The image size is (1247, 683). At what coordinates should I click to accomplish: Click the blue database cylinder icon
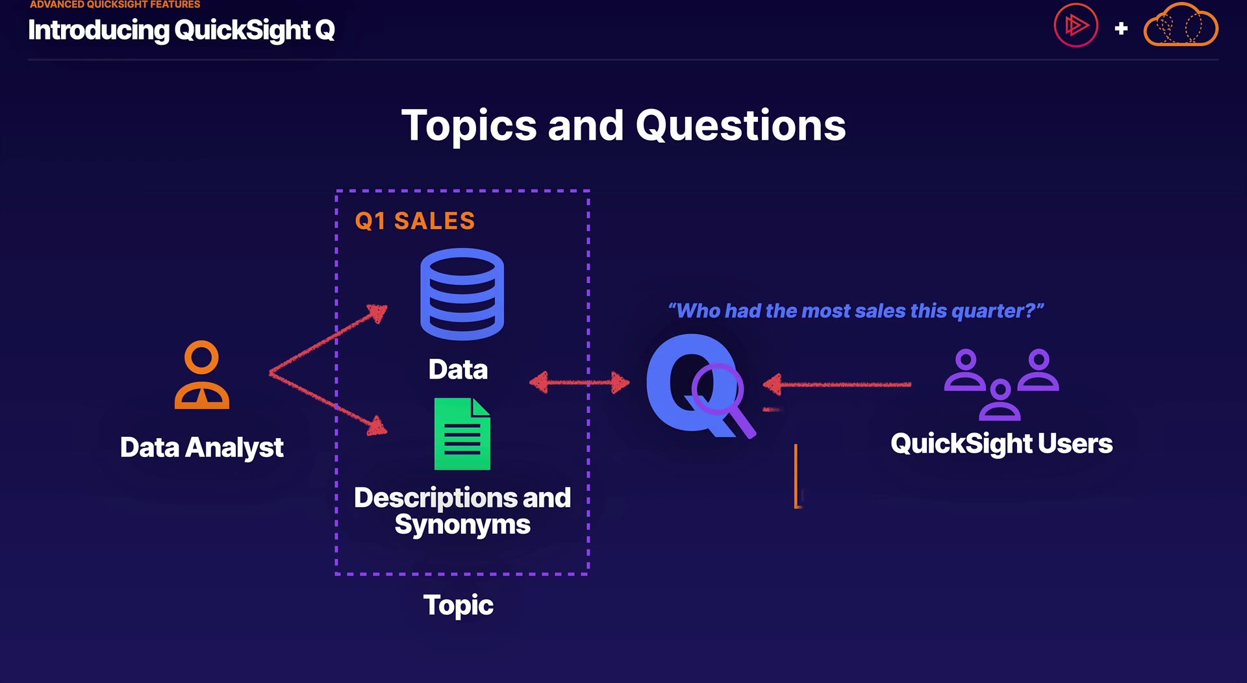point(462,294)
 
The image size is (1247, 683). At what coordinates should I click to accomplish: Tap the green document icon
point(462,434)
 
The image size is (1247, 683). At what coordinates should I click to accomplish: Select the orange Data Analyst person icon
point(202,375)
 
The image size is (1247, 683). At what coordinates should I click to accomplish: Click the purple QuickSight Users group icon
point(1001,384)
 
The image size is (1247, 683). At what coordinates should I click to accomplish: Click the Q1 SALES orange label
point(415,221)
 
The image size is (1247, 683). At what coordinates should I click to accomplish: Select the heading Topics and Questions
point(623,125)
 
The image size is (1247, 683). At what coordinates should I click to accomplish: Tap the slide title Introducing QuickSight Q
point(181,30)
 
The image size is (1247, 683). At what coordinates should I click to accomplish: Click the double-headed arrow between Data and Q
point(579,382)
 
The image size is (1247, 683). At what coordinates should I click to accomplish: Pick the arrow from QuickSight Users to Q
point(837,384)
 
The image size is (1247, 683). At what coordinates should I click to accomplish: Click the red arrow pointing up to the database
point(329,338)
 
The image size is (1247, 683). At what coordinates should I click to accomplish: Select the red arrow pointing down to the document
point(329,403)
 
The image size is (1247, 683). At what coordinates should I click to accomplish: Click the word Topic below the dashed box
point(459,606)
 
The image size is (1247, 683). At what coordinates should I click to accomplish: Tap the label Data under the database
point(458,369)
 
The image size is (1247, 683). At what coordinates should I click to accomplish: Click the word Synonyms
point(462,525)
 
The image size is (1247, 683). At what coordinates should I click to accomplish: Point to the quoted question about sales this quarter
point(856,311)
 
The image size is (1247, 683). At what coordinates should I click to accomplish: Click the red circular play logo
point(1076,25)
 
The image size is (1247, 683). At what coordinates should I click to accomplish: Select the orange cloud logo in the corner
point(1180,25)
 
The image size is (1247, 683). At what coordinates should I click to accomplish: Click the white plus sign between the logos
point(1121,29)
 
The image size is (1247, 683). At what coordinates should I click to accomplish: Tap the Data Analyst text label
point(202,447)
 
